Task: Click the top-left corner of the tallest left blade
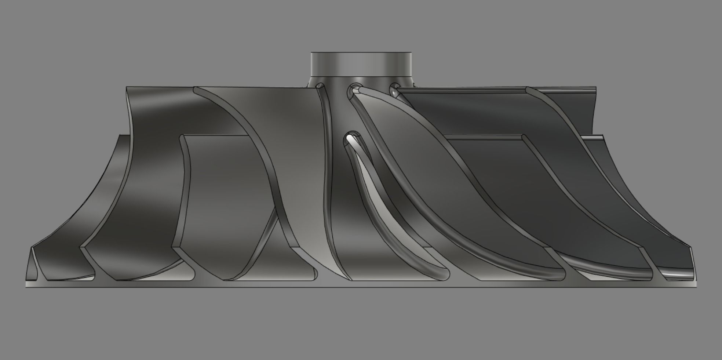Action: point(127,88)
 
